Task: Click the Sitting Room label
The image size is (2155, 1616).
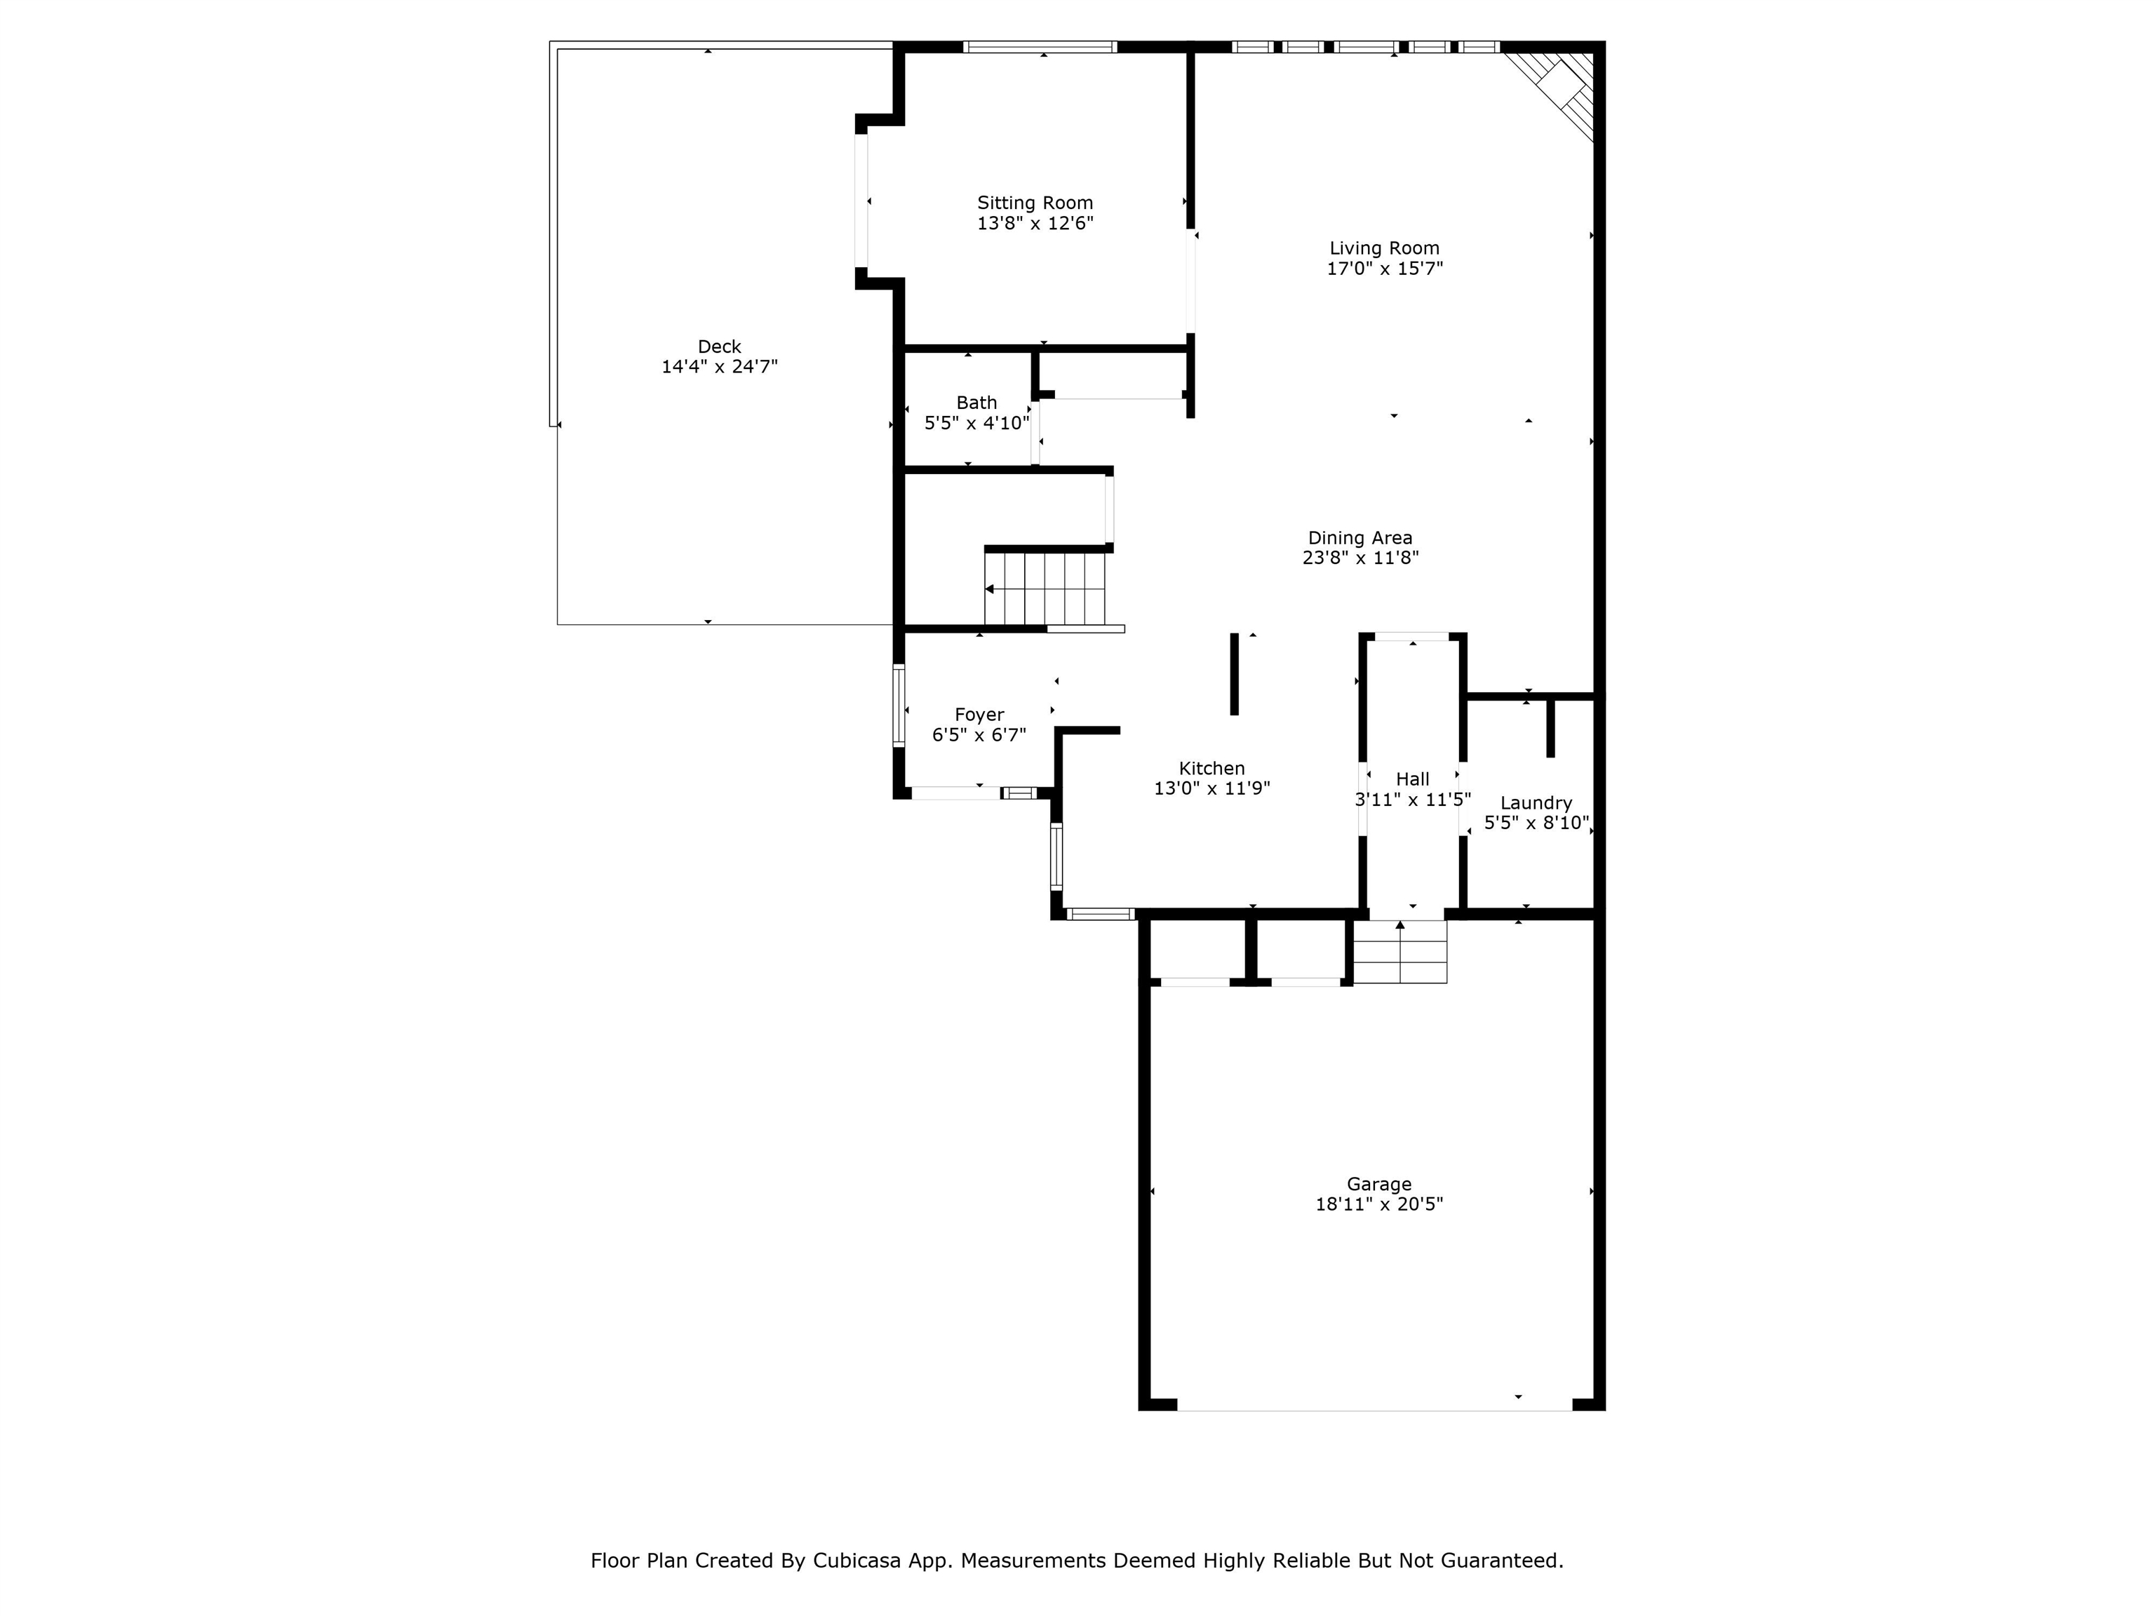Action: (1035, 203)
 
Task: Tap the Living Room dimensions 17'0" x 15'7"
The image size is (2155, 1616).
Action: (1383, 269)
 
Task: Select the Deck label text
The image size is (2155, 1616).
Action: (719, 346)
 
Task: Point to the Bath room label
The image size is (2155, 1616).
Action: (976, 403)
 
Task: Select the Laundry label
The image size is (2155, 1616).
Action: (1536, 802)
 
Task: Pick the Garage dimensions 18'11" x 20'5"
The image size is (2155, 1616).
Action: (1378, 1204)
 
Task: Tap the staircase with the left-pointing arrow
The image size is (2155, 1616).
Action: (1045, 588)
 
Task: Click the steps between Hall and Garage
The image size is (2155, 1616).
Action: (1400, 952)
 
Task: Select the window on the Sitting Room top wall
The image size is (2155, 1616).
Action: (1040, 47)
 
